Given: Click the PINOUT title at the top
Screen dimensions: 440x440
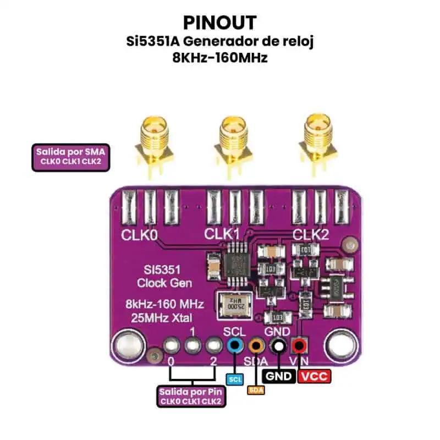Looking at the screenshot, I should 219,23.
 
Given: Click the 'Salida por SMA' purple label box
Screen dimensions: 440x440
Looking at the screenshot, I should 69,156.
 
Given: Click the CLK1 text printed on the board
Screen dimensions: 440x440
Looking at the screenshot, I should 222,234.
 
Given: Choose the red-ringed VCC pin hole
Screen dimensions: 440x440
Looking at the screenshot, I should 299,346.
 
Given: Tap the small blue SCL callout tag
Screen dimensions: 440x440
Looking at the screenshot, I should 235,379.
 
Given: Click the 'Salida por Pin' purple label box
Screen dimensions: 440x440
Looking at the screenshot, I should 190,397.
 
